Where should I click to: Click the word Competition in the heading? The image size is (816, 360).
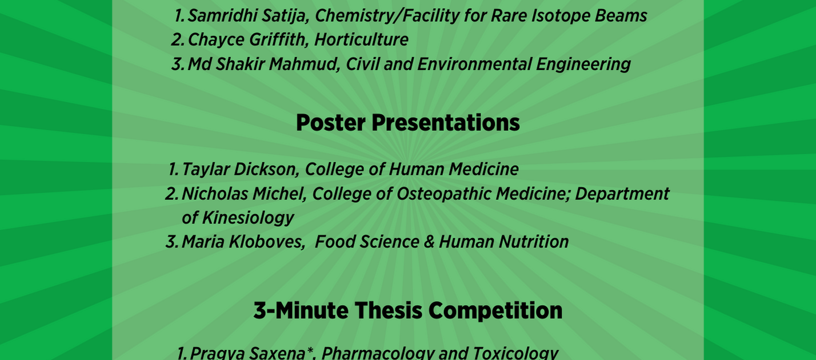[x=495, y=311]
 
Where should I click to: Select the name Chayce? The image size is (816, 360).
[x=215, y=40]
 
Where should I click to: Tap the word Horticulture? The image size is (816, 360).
[x=361, y=39]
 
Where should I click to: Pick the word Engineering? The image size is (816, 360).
[x=583, y=65]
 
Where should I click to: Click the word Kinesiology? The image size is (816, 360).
[x=248, y=218]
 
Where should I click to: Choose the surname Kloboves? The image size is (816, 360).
[x=267, y=242]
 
